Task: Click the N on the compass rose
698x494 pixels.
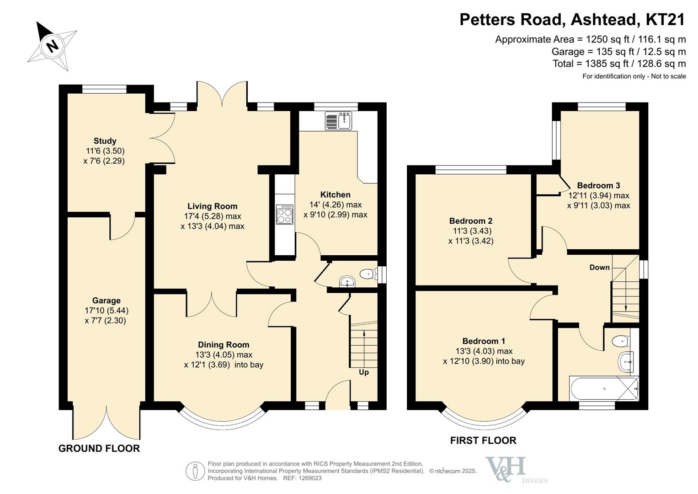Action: click(53, 46)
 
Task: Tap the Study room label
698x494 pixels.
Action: click(105, 141)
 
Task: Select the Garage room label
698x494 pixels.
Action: click(106, 301)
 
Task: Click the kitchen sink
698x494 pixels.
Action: click(338, 121)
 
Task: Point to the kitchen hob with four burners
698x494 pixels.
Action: click(284, 214)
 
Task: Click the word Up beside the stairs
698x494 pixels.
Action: click(364, 372)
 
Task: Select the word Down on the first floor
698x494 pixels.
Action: click(600, 267)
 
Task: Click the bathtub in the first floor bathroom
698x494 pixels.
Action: click(604, 389)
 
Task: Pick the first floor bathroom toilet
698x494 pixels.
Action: click(621, 341)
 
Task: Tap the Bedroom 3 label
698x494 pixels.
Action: click(599, 186)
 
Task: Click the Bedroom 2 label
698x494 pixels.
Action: click(471, 221)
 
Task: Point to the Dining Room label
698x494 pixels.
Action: click(224, 345)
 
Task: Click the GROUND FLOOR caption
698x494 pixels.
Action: click(99, 448)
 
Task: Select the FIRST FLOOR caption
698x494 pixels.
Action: click(483, 440)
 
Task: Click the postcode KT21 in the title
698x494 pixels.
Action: click(669, 19)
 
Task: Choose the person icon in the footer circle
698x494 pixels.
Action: click(195, 471)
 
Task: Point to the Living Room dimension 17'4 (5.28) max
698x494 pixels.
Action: click(213, 216)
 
